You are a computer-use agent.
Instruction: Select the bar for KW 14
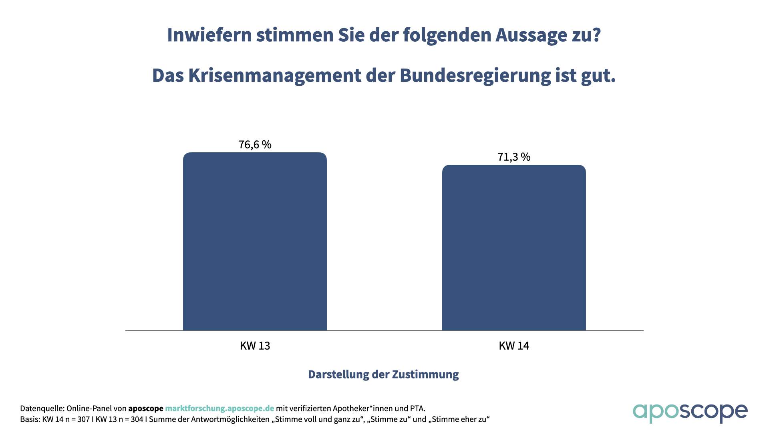point(514,247)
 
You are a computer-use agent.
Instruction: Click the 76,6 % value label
point(255,144)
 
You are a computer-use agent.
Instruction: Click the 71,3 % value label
point(514,157)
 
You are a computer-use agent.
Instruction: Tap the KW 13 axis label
point(255,346)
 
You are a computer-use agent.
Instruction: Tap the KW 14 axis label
point(514,346)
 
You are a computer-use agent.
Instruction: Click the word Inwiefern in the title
point(210,35)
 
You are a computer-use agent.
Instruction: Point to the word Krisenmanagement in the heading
point(274,75)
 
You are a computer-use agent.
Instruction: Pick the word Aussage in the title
point(531,35)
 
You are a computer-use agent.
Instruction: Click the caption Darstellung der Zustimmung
point(383,374)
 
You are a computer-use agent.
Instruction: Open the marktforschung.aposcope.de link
point(219,409)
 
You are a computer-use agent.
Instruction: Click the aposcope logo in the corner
point(690,413)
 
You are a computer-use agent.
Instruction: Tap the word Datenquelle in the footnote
point(42,409)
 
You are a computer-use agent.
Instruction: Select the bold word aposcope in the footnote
point(146,409)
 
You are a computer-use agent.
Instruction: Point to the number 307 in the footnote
point(83,419)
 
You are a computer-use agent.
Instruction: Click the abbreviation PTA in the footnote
point(417,409)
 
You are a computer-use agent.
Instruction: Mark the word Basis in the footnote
point(29,419)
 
